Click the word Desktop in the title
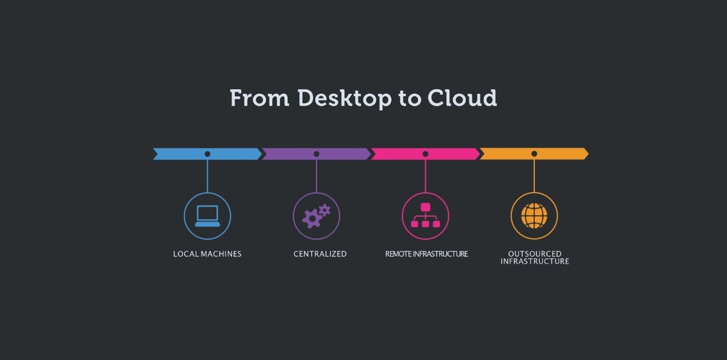(x=345, y=98)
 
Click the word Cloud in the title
(x=462, y=98)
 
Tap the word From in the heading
(x=259, y=98)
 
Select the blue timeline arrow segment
(x=182, y=154)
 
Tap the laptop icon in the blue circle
(x=207, y=216)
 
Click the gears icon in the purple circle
(x=316, y=216)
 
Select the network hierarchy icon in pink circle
(x=425, y=216)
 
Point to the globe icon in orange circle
(x=534, y=216)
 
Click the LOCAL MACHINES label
(x=207, y=254)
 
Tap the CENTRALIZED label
(x=320, y=254)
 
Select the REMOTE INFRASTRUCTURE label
(x=427, y=254)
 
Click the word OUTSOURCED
(x=535, y=254)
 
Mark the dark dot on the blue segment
(x=207, y=154)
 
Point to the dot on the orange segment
(x=534, y=154)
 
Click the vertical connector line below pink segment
(x=425, y=176)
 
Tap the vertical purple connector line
(x=316, y=176)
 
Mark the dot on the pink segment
(x=425, y=154)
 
